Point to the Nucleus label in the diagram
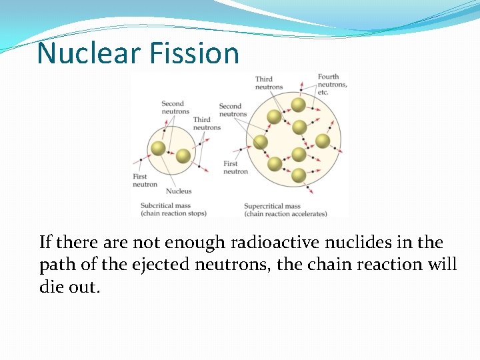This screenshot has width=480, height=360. click(x=179, y=191)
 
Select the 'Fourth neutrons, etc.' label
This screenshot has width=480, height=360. click(x=332, y=85)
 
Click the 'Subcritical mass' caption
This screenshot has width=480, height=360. click(x=166, y=206)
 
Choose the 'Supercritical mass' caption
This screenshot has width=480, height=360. click(x=272, y=206)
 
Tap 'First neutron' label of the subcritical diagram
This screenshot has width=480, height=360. click(x=145, y=181)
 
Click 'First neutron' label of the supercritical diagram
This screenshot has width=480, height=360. click(x=235, y=167)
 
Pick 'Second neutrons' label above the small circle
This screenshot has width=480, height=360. click(x=175, y=107)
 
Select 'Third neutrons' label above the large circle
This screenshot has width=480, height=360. click(x=269, y=83)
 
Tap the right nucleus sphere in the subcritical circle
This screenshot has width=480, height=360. click(x=183, y=156)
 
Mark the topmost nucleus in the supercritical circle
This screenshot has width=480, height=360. click(x=298, y=105)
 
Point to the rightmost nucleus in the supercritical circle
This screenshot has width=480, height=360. click(x=323, y=141)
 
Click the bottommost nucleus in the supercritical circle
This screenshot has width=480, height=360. click(x=298, y=176)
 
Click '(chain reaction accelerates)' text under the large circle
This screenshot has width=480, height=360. click(x=285, y=214)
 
